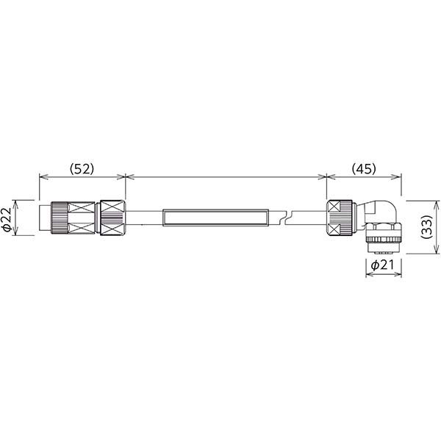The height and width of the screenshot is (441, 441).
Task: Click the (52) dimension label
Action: pyautogui.click(x=82, y=169)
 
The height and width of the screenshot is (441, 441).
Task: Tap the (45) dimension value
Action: pyautogui.click(x=364, y=169)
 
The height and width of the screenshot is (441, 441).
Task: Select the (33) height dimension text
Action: pyautogui.click(x=426, y=227)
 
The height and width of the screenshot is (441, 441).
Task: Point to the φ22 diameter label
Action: pyautogui.click(x=7, y=219)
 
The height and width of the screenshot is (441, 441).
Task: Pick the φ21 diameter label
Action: pyautogui.click(x=382, y=265)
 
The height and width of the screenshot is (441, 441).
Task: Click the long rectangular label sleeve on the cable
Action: pyautogui.click(x=215, y=218)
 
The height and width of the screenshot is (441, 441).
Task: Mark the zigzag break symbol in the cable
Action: pyautogui.click(x=287, y=218)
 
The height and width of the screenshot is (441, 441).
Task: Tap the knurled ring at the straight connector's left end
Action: pyautogui.click(x=60, y=218)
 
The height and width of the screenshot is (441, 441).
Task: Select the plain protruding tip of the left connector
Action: pyautogui.click(x=45, y=218)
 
